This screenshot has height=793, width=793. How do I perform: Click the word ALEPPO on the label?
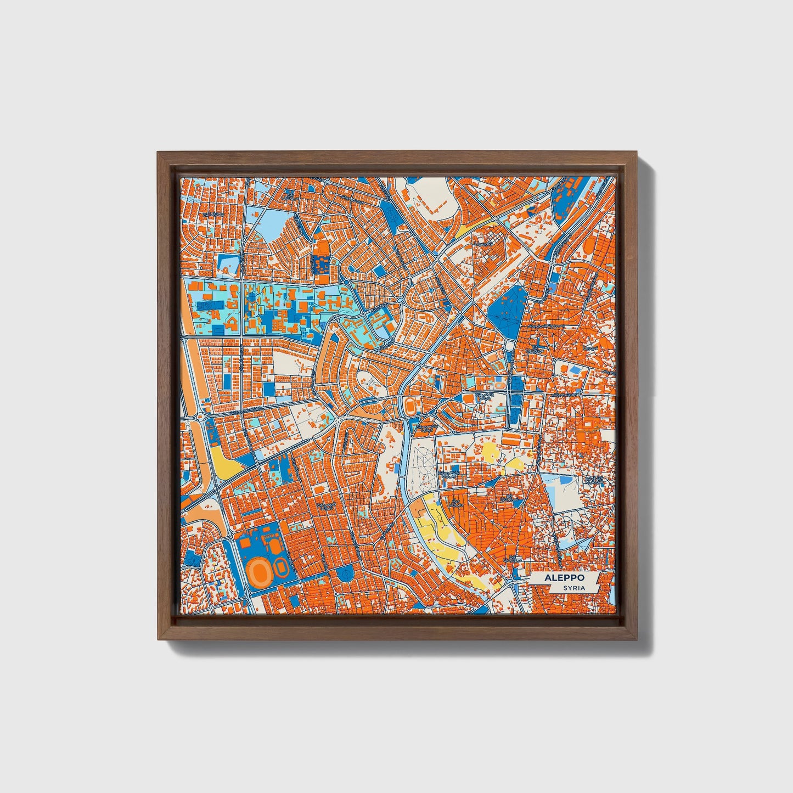[564, 578]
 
